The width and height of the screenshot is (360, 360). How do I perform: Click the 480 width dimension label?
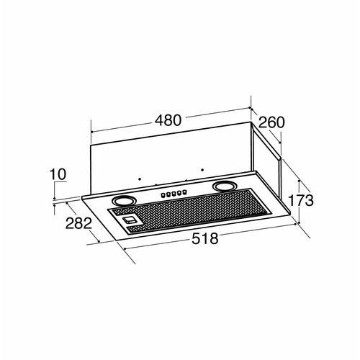[168, 120]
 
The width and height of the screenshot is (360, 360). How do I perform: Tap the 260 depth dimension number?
[271, 122]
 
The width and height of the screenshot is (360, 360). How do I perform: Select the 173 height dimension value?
[300, 200]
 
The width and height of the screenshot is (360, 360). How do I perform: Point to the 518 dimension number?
[205, 238]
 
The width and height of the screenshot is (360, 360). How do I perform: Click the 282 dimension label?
[78, 223]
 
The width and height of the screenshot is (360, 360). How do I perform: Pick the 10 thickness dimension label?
[58, 174]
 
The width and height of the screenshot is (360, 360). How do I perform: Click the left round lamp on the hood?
[122, 200]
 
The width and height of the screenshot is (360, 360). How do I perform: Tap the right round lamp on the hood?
[224, 186]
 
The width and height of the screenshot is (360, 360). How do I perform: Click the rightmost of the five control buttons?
[184, 192]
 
